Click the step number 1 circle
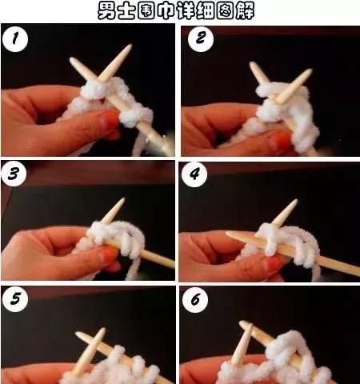tap(14, 38)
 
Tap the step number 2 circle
tap(201, 38)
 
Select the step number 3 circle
tap(14, 174)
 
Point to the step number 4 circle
tap(194, 174)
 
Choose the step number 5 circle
tap(15, 299)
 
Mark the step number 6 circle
tap(195, 299)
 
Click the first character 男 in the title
tap(107, 11)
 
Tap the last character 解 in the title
tap(245, 11)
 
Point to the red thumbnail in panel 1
tap(110, 120)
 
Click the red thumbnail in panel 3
tap(109, 254)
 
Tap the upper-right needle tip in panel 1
tap(130, 46)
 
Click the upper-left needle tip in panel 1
tap(71, 59)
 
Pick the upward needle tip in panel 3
tap(123, 199)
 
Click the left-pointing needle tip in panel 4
tap(227, 233)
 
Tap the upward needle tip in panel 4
tap(296, 201)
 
